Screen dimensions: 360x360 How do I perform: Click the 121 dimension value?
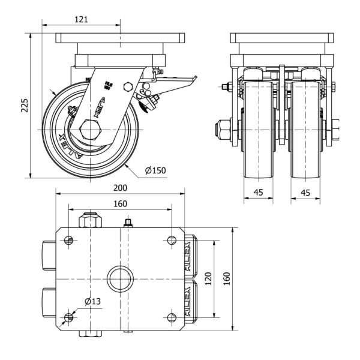click(82, 19)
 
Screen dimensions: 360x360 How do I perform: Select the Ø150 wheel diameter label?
click(155, 170)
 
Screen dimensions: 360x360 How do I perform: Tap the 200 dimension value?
click(119, 187)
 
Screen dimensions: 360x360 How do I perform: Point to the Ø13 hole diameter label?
click(92, 301)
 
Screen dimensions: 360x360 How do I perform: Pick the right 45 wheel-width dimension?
click(305, 193)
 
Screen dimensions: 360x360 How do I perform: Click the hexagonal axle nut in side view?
click(89, 130)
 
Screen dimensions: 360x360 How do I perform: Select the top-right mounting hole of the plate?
click(172, 240)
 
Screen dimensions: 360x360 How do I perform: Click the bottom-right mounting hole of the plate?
click(172, 316)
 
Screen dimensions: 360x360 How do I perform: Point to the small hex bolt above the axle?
click(127, 86)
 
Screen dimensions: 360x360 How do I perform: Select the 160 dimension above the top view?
click(119, 204)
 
